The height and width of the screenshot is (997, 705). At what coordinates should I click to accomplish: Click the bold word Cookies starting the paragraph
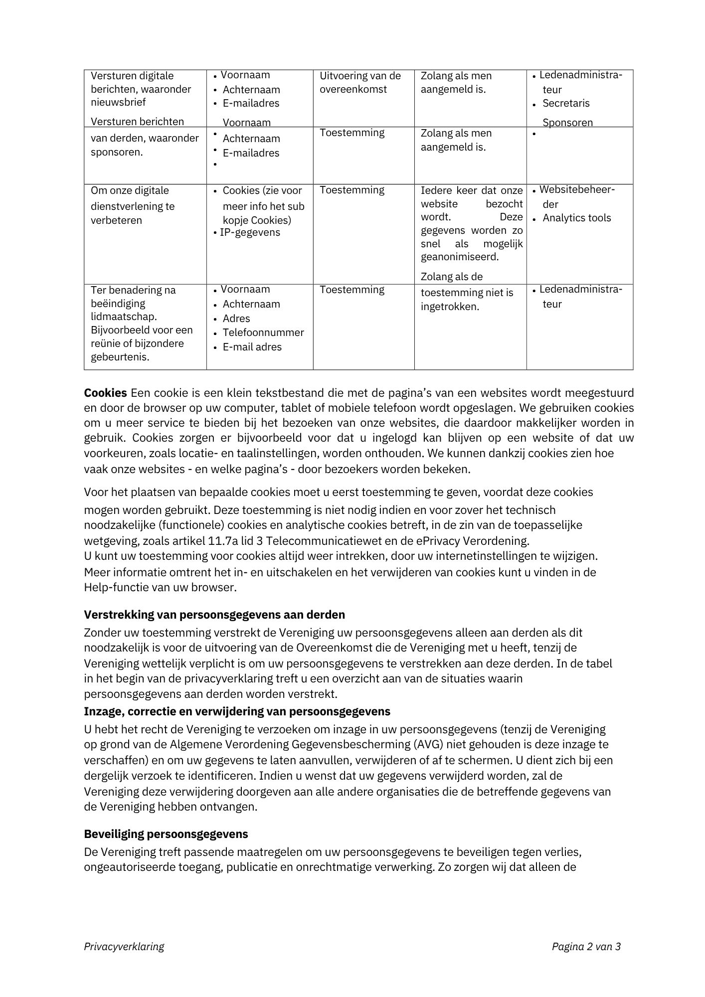click(x=105, y=393)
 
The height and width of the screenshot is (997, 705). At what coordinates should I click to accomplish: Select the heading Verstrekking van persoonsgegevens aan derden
click(x=214, y=615)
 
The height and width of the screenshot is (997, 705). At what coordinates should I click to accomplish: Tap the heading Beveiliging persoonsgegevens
click(x=166, y=834)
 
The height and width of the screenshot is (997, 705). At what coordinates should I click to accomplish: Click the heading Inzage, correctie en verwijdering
click(x=237, y=711)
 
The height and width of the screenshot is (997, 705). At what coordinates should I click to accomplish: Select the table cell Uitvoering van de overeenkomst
click(x=360, y=83)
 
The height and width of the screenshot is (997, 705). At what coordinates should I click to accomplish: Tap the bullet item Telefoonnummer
click(x=263, y=332)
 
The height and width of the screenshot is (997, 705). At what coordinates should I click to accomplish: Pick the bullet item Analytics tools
click(x=576, y=218)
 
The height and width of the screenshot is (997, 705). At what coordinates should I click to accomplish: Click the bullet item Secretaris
click(x=566, y=103)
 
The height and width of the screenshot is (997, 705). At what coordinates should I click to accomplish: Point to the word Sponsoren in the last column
click(x=567, y=122)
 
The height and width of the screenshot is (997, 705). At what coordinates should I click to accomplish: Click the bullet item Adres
click(x=236, y=319)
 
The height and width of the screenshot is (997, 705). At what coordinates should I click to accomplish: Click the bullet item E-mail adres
click(x=252, y=347)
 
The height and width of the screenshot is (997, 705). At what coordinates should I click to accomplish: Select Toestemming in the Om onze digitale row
click(x=352, y=190)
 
